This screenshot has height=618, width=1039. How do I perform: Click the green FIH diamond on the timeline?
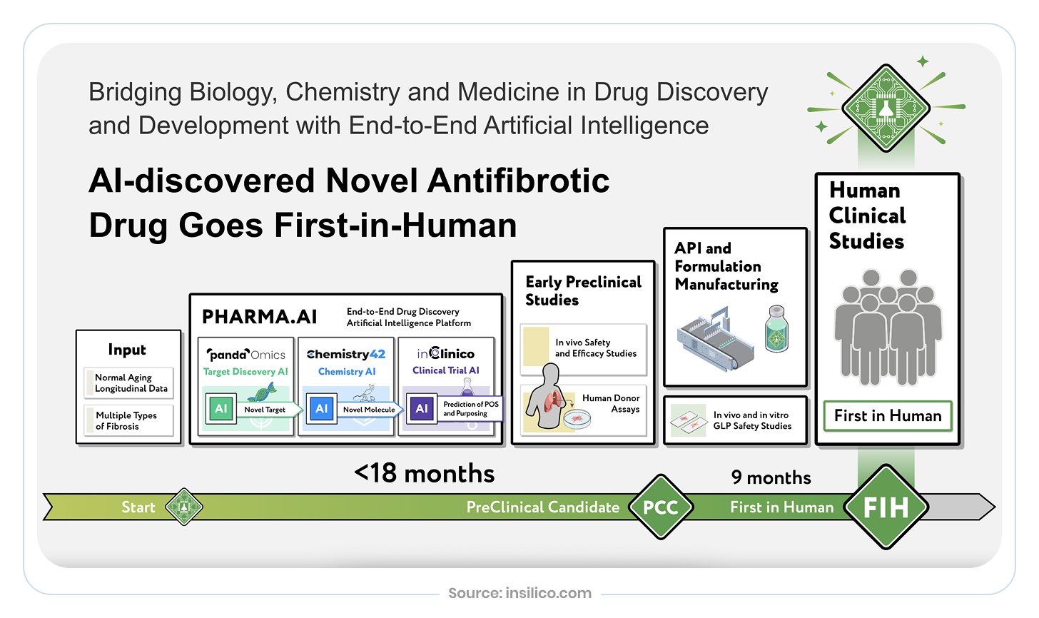pyautogui.click(x=886, y=507)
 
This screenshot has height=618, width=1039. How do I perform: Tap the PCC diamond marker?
pyautogui.click(x=661, y=507)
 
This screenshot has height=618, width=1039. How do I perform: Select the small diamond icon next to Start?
pyautogui.click(x=184, y=507)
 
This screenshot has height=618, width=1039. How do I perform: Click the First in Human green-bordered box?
pyautogui.click(x=888, y=416)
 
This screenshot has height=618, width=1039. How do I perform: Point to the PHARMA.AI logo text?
pyautogui.click(x=260, y=317)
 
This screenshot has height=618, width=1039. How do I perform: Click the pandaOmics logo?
pyautogui.click(x=246, y=354)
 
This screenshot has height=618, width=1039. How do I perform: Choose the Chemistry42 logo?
pyautogui.click(x=346, y=354)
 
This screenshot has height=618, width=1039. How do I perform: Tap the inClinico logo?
pyautogui.click(x=446, y=353)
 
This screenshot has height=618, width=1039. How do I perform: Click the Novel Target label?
pyautogui.click(x=265, y=410)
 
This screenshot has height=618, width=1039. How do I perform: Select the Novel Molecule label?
pyautogui.click(x=369, y=410)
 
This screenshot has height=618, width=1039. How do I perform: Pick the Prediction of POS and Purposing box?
pyautogui.click(x=470, y=409)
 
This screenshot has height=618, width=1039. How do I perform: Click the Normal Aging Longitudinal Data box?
pyautogui.click(x=129, y=383)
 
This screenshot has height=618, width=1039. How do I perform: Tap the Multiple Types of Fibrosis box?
pyautogui.click(x=129, y=421)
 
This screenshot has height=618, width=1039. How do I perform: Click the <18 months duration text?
pyautogui.click(x=424, y=473)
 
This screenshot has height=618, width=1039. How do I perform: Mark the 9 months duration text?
pyautogui.click(x=771, y=477)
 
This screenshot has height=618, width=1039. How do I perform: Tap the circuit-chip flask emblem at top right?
pyautogui.click(x=886, y=108)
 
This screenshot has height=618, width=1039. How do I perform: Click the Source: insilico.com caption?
pyautogui.click(x=519, y=593)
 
